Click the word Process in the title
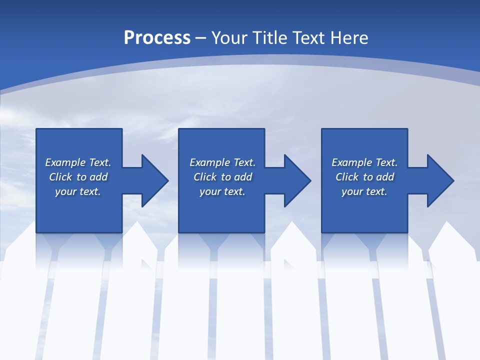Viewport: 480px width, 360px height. point(157,38)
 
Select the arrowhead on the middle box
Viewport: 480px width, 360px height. point(298,181)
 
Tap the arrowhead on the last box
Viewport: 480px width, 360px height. point(441,181)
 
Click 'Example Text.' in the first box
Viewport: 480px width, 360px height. point(78,162)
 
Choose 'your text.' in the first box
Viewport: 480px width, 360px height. point(78,191)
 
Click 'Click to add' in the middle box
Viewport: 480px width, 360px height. point(222,177)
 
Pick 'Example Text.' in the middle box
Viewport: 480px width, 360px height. point(222,162)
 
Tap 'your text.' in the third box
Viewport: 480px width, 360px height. point(364,191)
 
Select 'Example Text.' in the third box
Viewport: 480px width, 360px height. point(364,162)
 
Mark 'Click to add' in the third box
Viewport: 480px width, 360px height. point(364,177)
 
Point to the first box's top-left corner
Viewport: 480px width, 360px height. point(37,129)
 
